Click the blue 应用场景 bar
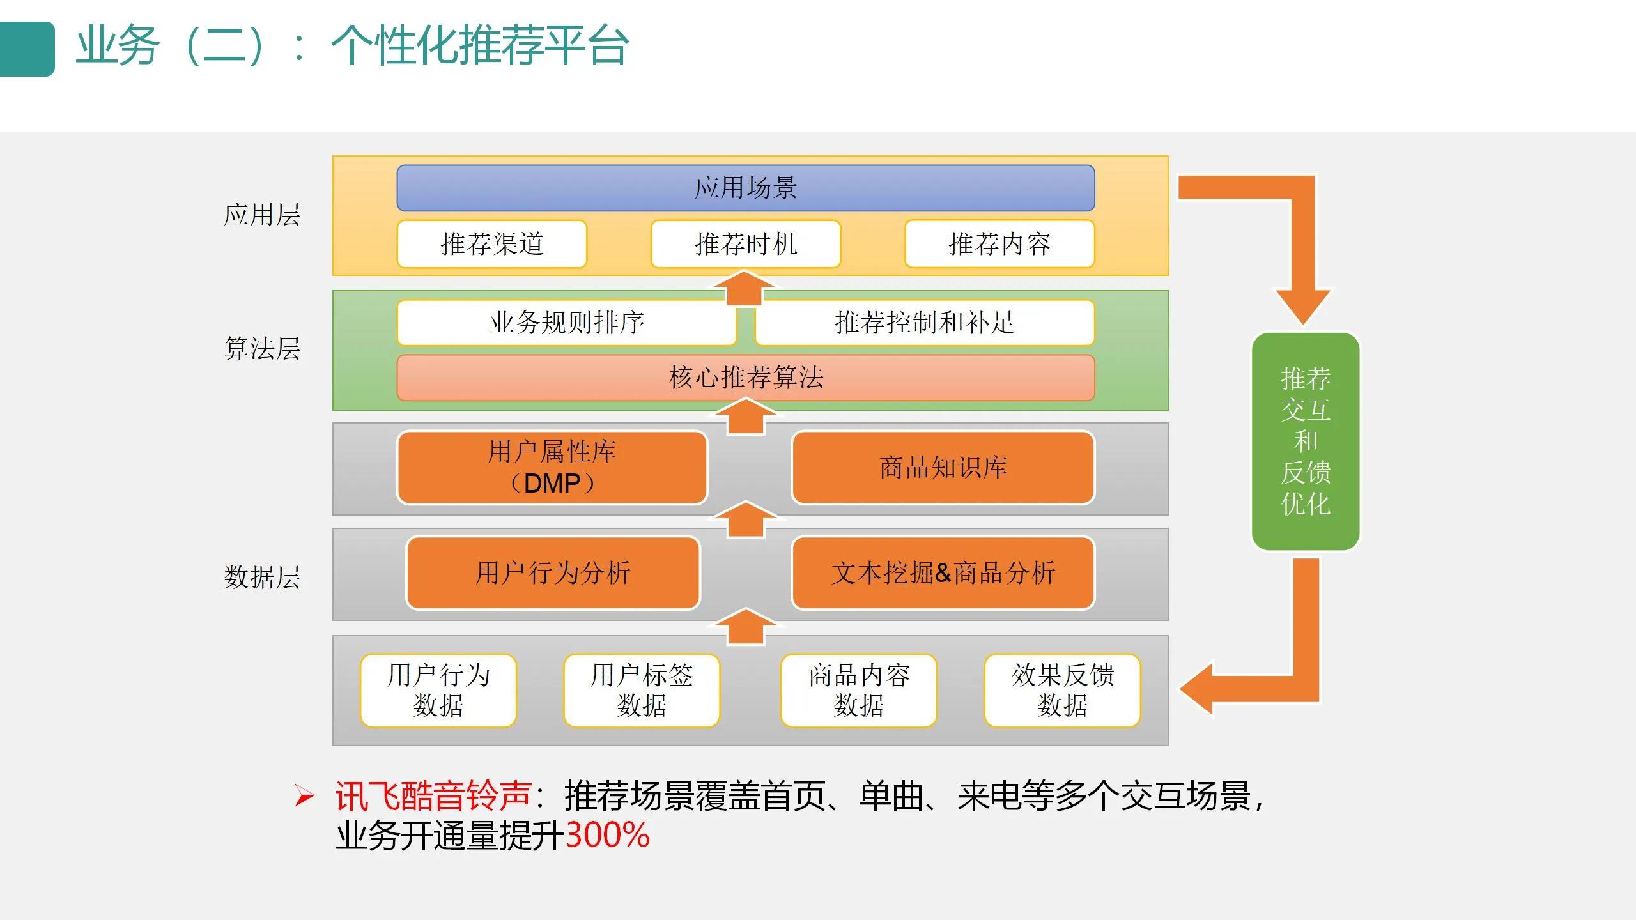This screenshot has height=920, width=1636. [745, 188]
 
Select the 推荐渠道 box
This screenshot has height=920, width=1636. [491, 244]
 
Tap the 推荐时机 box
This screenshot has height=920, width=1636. [745, 244]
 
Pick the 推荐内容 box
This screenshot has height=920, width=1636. [999, 244]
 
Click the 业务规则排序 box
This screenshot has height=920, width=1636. [566, 323]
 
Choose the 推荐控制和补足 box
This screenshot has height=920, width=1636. [924, 323]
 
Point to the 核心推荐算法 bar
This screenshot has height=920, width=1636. [745, 378]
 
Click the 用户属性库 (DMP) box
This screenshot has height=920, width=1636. [552, 468]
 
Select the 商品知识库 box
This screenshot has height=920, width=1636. [943, 468]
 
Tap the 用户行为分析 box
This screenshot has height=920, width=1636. [553, 572]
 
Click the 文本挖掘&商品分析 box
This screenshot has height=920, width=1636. [943, 572]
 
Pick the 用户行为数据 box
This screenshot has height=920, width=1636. [438, 690]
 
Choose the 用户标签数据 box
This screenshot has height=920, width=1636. [642, 690]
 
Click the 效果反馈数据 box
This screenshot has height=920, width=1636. [1062, 690]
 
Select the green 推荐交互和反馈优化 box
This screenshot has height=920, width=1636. [1305, 441]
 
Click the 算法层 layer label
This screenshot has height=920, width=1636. [262, 349]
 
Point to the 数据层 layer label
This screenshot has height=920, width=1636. [262, 577]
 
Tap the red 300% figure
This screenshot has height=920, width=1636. [607, 835]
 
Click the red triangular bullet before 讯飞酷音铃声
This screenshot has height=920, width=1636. [304, 796]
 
